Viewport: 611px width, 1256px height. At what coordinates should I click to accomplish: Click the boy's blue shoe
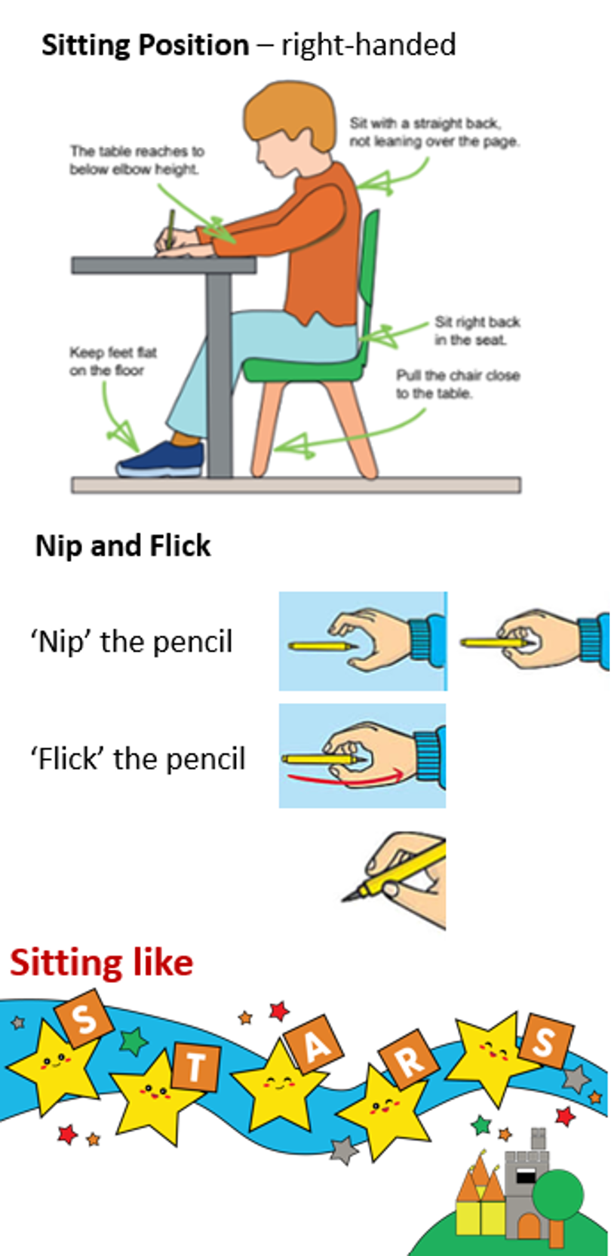pyautogui.click(x=161, y=460)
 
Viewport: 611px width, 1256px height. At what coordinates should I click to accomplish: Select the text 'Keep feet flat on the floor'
pyautogui.click(x=112, y=361)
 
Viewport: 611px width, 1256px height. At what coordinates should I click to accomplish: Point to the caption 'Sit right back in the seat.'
pyautogui.click(x=477, y=331)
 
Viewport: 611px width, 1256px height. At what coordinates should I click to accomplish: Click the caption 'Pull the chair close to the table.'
pyautogui.click(x=458, y=384)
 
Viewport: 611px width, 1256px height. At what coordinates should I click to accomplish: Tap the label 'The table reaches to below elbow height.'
pyautogui.click(x=137, y=161)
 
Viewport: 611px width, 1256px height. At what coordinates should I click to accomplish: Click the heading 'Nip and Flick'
pyautogui.click(x=123, y=545)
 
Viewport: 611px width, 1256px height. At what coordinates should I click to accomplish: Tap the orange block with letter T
pyautogui.click(x=195, y=1066)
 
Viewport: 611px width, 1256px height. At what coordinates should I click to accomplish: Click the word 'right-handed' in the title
pyautogui.click(x=368, y=45)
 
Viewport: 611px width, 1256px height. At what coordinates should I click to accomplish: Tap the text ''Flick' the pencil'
pyautogui.click(x=138, y=759)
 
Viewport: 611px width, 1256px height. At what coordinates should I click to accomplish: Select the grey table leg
pyautogui.click(x=218, y=375)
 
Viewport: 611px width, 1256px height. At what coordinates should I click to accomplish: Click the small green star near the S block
pyautogui.click(x=133, y=1041)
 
